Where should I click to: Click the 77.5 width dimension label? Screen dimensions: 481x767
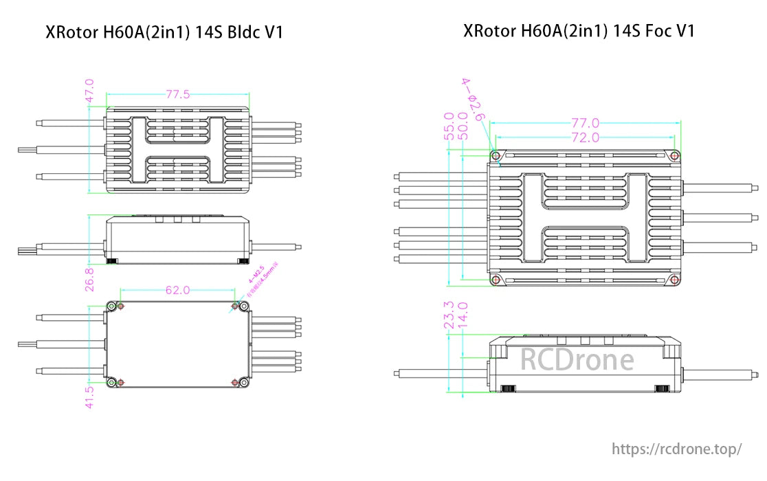coord(177,95)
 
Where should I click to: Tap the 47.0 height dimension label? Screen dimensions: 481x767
coord(89,91)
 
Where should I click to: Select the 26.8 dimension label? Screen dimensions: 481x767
coord(89,279)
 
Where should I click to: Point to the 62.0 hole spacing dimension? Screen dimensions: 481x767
coord(177,290)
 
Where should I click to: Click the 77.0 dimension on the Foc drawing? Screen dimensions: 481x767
coord(586,123)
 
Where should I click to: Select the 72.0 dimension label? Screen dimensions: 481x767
coord(586,137)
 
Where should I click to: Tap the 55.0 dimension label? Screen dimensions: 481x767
coord(449,126)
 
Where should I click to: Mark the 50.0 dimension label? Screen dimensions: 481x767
coord(464,126)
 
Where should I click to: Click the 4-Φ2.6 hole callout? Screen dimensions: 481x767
coord(474,99)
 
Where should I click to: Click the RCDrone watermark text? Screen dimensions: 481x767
coord(577,359)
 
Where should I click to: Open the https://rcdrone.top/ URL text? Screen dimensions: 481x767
coord(677,449)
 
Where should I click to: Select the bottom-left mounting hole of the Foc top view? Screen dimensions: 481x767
coord(494,280)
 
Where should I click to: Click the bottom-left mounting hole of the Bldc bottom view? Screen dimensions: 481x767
coord(111,382)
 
